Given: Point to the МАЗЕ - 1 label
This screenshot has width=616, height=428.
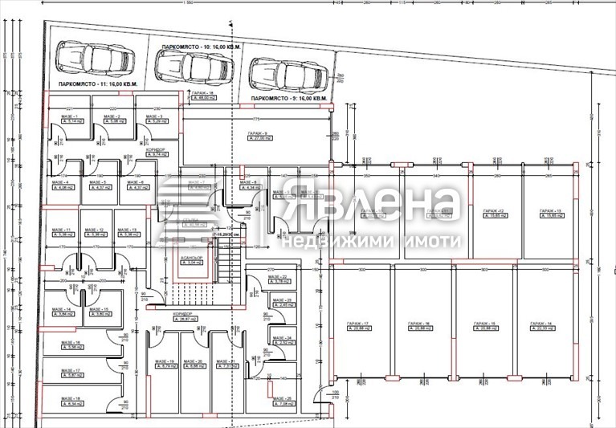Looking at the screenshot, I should [x=67, y=117].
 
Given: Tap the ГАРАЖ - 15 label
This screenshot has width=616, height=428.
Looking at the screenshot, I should [x=482, y=323].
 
